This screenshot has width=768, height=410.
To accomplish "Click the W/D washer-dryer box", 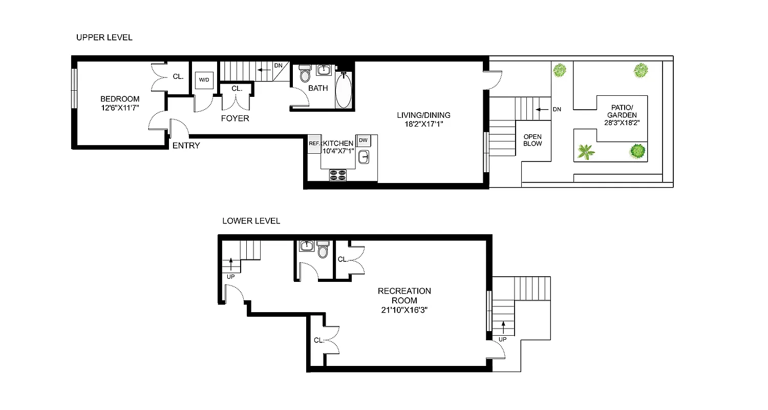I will pyautogui.click(x=204, y=79).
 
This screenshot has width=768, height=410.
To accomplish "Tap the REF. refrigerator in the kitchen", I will pyautogui.click(x=314, y=143).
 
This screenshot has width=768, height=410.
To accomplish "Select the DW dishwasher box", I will pyautogui.click(x=363, y=140).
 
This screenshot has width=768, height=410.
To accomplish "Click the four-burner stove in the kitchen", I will pyautogui.click(x=338, y=174).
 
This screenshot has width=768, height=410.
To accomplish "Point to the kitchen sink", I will pyautogui.click(x=364, y=157).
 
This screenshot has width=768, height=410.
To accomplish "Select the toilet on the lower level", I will pyautogui.click(x=323, y=250).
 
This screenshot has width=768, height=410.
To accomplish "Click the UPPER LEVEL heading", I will pyautogui.click(x=104, y=37).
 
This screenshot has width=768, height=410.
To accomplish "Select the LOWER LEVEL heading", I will pyautogui.click(x=251, y=221).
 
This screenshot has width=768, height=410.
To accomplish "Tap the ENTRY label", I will pyautogui.click(x=186, y=146).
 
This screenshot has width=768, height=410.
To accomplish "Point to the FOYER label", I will pyautogui.click(x=235, y=118).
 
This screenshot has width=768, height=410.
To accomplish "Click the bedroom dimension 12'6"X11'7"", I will pyautogui.click(x=120, y=108).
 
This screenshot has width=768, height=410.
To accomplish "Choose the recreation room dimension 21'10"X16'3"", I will pyautogui.click(x=404, y=310).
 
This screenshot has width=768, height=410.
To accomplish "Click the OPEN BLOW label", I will pyautogui.click(x=532, y=140).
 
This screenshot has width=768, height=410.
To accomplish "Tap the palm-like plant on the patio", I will pyautogui.click(x=586, y=152).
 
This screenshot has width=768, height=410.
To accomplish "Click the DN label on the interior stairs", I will pyautogui.click(x=278, y=66).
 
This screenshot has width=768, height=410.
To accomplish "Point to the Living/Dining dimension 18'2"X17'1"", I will pyautogui.click(x=422, y=124).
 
